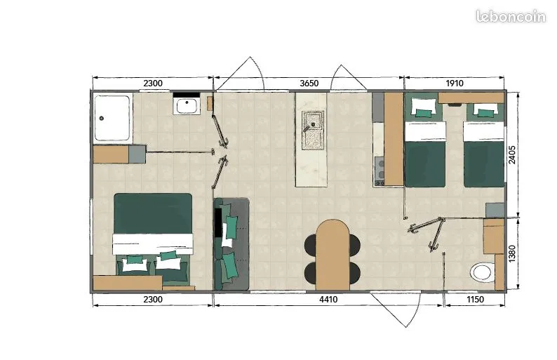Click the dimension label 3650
pos(309,84)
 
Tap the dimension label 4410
pos(328,300)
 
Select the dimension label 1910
pos(455,84)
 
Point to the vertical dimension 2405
pos(512,154)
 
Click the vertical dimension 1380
pos(512,254)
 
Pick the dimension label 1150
pos(475,300)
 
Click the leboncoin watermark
pos(511,16)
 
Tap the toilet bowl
pos(483,273)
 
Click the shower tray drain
pos(101,119)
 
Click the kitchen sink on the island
pos(313,131)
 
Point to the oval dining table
pos(333,255)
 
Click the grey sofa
pos(231,244)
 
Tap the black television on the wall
pos(217,223)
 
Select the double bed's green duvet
pos(153,213)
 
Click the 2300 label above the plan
pos(153,84)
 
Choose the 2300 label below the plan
pos(153,300)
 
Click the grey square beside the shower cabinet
pos(137,154)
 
